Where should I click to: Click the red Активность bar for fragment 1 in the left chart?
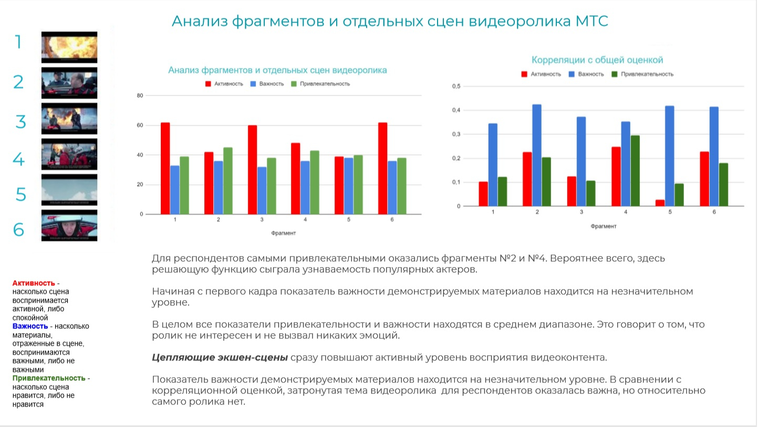coord(165,168)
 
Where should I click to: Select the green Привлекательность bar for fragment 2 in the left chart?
coord(227,180)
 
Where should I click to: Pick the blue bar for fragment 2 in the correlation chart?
coord(537,155)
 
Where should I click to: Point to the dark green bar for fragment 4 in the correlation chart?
coord(635,170)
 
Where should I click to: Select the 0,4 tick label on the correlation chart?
coord(456,110)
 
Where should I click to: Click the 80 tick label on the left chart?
coord(140,95)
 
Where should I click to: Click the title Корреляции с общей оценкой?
coord(597,60)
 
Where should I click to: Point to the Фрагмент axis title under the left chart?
coord(284,233)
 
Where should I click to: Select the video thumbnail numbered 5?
coord(69,190)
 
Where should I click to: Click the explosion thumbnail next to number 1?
coord(69,47)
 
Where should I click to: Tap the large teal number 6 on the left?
coord(18,230)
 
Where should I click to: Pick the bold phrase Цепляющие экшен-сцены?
coord(220,358)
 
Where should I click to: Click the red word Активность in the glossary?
coord(34,283)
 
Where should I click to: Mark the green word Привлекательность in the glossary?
coord(49,378)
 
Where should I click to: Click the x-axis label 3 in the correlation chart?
coord(581,212)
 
